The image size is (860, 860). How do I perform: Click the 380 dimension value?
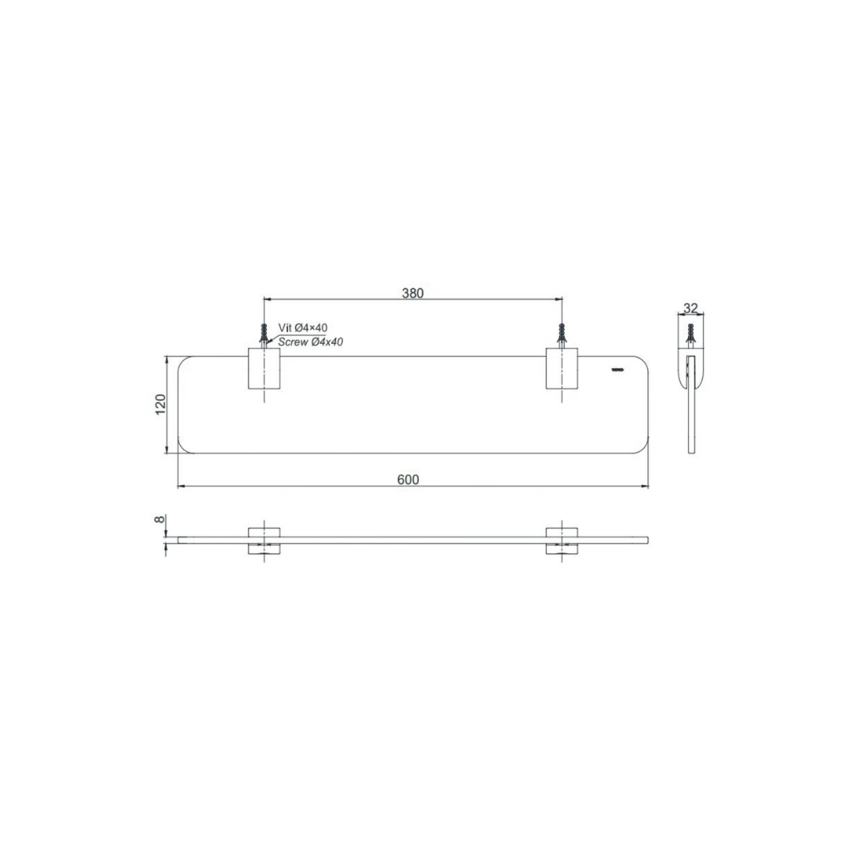pos(412,293)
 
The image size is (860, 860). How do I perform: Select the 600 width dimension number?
pos(408,479)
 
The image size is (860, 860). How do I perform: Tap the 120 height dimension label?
pos(160,405)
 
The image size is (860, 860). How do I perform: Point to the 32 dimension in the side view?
pos(690,307)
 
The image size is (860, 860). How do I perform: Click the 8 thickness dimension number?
pos(160,519)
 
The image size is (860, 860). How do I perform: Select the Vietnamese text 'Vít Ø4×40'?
pos(303,328)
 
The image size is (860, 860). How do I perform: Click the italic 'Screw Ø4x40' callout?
pos(311,342)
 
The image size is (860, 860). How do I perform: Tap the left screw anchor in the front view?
pos(264,335)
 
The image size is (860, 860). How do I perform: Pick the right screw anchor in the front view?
pos(561,335)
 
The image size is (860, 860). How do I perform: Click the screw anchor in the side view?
pos(691,335)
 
